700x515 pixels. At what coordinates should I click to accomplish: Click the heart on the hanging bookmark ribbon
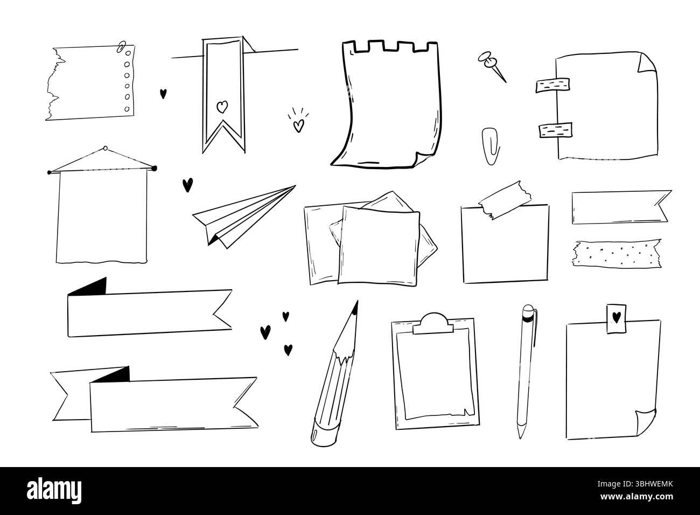220,107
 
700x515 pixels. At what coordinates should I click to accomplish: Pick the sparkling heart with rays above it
297,124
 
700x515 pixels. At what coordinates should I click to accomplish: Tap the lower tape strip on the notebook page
555,130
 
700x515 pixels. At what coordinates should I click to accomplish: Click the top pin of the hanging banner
106,148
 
